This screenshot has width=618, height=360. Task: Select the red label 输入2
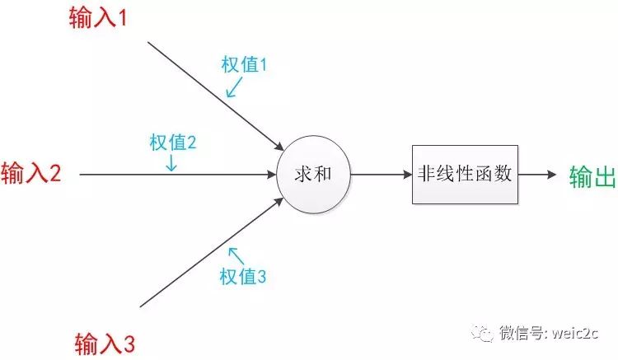click(x=31, y=174)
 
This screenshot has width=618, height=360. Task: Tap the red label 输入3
click(x=105, y=341)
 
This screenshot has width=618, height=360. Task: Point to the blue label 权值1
click(x=245, y=65)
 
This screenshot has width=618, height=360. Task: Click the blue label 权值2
click(x=172, y=142)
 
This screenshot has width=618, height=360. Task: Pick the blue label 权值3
click(x=242, y=277)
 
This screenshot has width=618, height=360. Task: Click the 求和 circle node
click(x=312, y=175)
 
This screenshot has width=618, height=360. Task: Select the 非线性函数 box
click(x=465, y=175)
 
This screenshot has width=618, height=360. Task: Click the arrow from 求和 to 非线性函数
click(x=379, y=175)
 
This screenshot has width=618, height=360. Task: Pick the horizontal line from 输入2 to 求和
click(x=124, y=175)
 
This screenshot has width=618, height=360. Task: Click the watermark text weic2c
click(x=577, y=333)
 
